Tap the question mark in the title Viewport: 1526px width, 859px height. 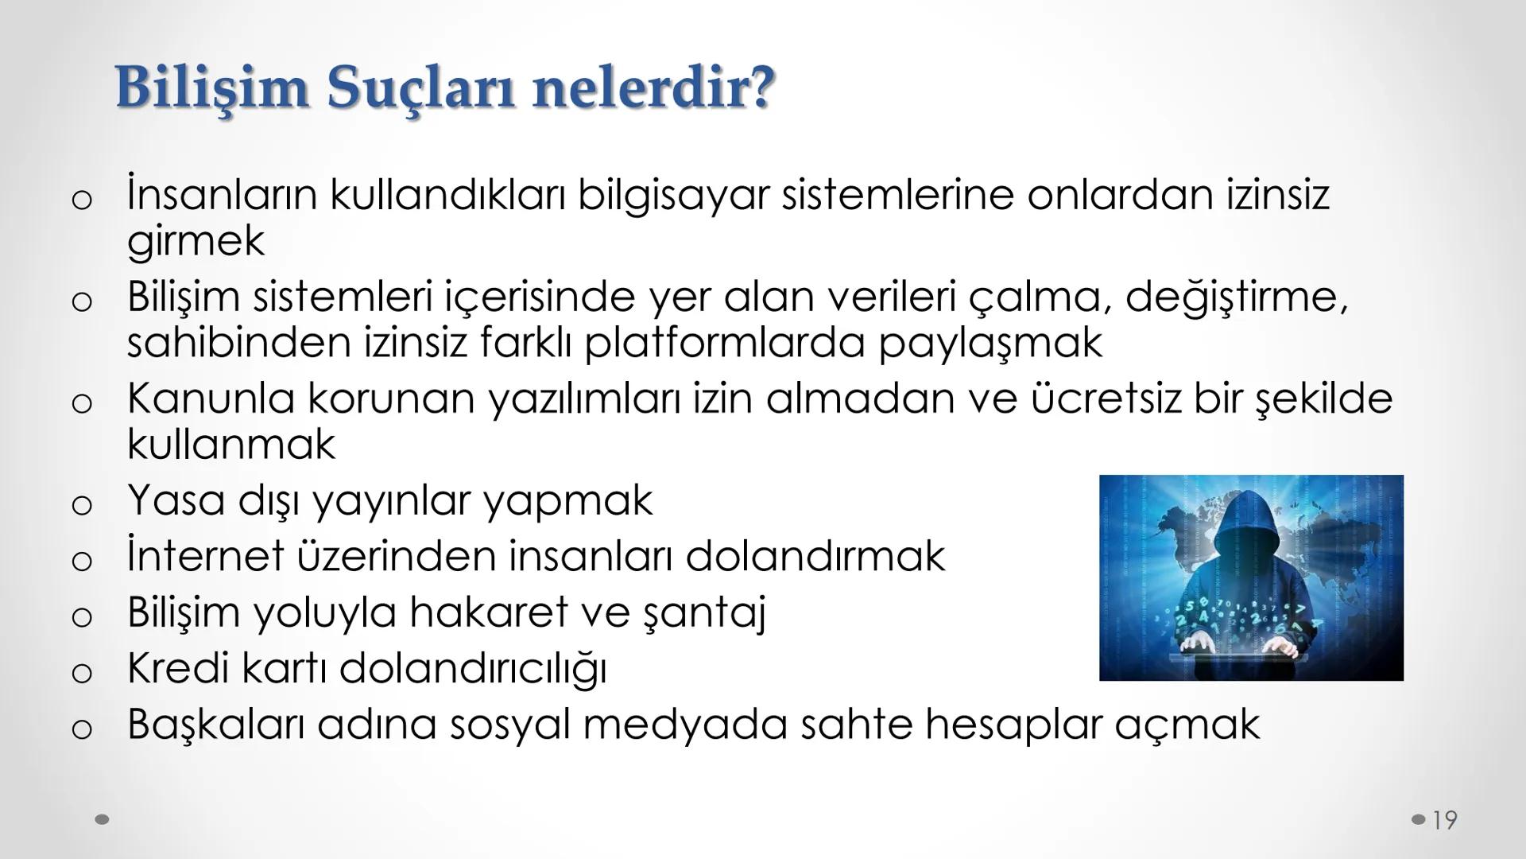(760, 87)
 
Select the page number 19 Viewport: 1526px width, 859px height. (1445, 820)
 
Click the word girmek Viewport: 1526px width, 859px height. (196, 241)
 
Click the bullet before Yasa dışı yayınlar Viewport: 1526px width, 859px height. (82, 504)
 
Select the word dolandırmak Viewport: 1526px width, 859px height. (815, 556)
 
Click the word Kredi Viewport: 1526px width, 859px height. (178, 668)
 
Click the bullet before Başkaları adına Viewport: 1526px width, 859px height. (82, 729)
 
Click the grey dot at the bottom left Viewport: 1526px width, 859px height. (102, 819)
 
